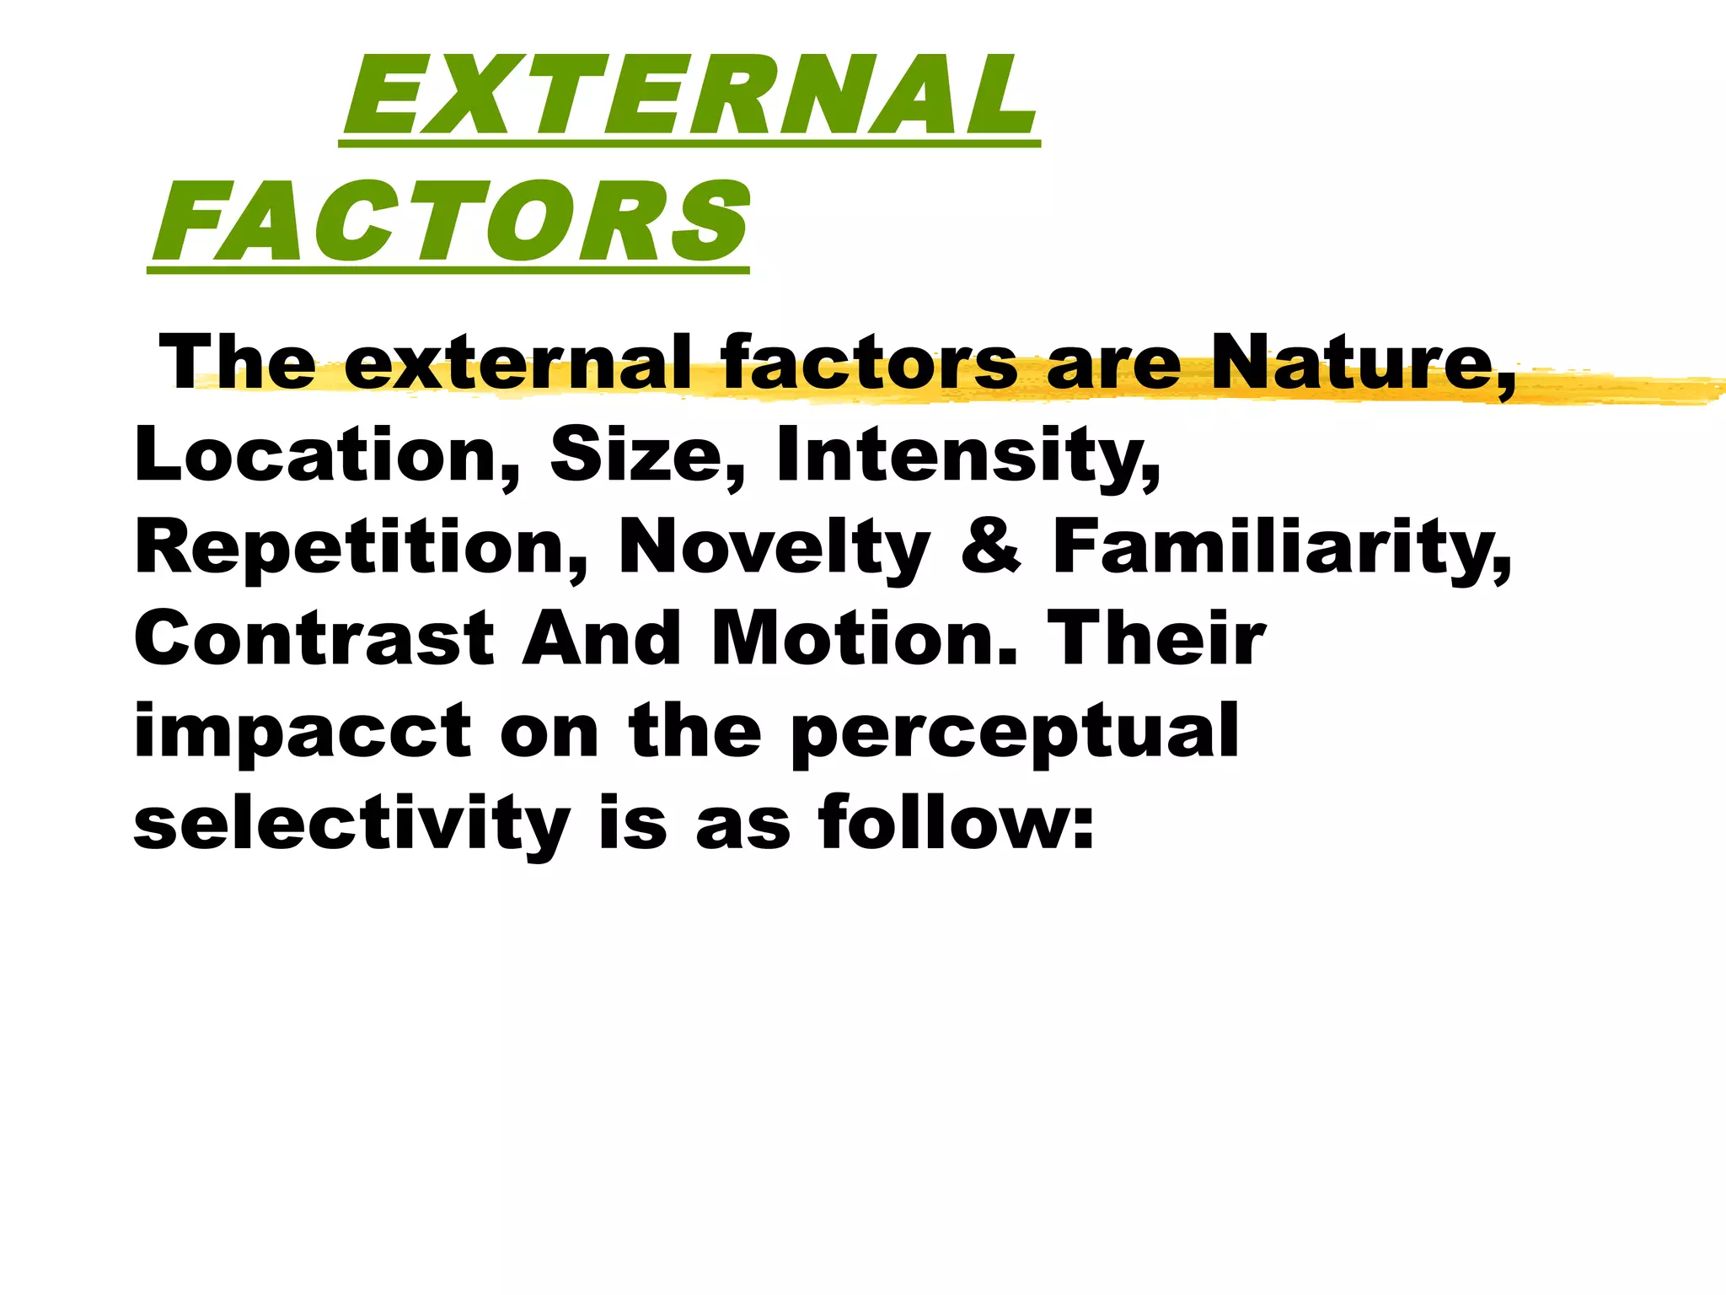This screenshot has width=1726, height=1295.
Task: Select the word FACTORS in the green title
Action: [x=450, y=222]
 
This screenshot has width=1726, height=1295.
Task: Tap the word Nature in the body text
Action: [x=1362, y=363]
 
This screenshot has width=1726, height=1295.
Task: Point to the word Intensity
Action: [x=968, y=455]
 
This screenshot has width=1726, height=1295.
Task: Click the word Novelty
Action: [x=774, y=548]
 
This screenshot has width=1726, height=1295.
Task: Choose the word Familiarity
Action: [x=1281, y=548]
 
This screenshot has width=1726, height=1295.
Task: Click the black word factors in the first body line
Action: [x=868, y=363]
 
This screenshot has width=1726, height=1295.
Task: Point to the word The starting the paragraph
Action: [x=238, y=363]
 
